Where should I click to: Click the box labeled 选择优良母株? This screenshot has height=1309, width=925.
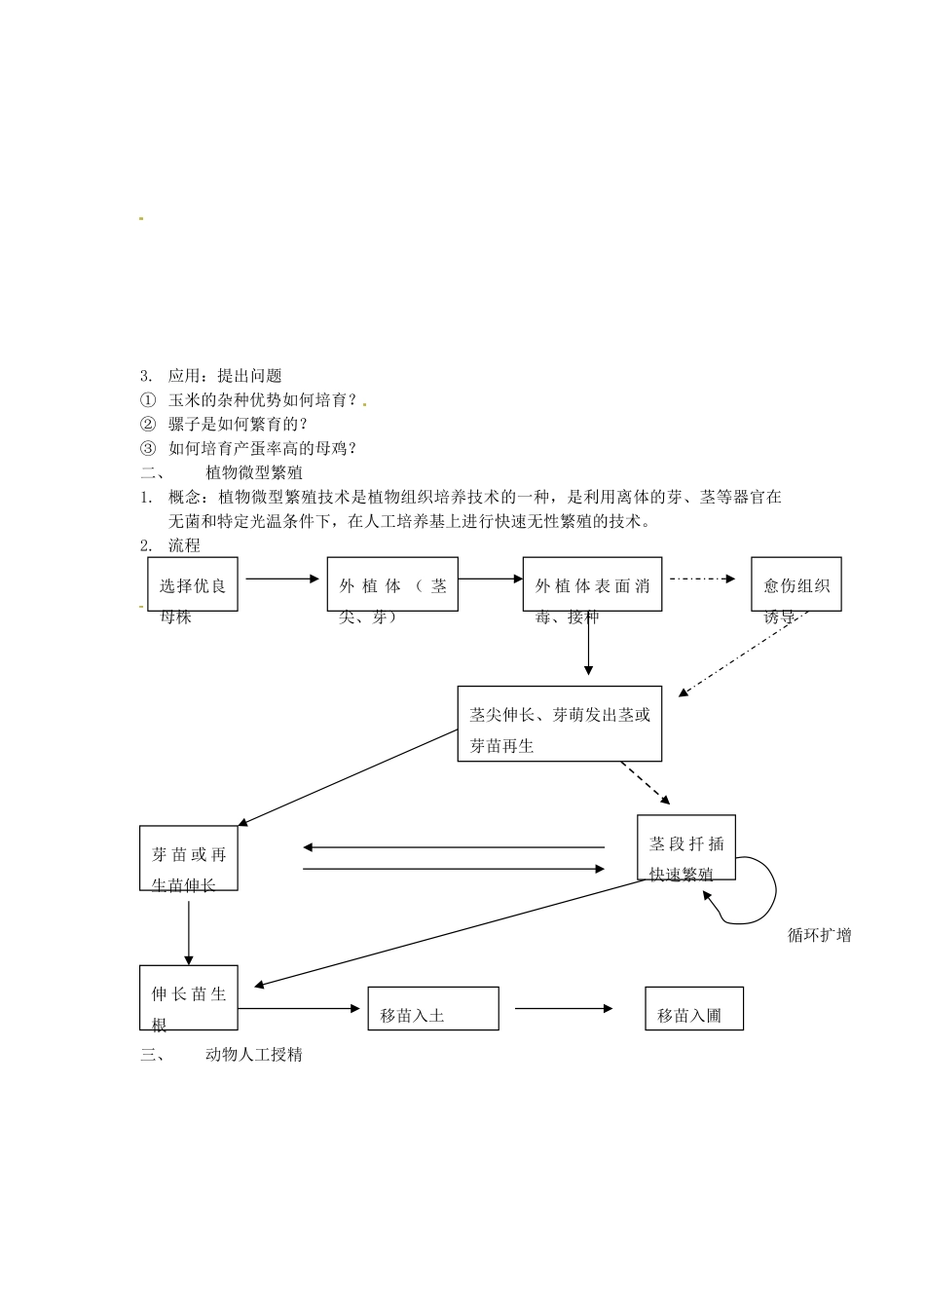193,584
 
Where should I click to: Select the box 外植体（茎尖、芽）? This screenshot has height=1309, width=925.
392,584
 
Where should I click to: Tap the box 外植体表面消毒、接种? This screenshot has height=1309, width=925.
592,584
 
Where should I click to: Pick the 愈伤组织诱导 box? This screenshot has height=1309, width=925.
795,584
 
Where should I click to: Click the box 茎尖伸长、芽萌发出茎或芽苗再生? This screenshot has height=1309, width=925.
559,724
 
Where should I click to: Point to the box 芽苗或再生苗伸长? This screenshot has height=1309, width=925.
189,858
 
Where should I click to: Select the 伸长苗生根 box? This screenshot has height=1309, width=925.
189,997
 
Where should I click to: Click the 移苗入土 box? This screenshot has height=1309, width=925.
433,1008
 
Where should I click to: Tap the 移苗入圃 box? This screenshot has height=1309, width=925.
694,1008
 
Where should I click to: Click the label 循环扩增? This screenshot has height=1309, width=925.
819,935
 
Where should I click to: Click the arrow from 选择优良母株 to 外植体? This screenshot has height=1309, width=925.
282,579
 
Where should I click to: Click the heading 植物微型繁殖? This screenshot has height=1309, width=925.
254,472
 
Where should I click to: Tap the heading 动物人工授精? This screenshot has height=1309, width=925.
254,1054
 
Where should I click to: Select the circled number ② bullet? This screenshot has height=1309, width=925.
148,424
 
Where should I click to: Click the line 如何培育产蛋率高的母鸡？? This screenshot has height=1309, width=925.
263,448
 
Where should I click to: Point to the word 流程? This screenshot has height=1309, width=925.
184,545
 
